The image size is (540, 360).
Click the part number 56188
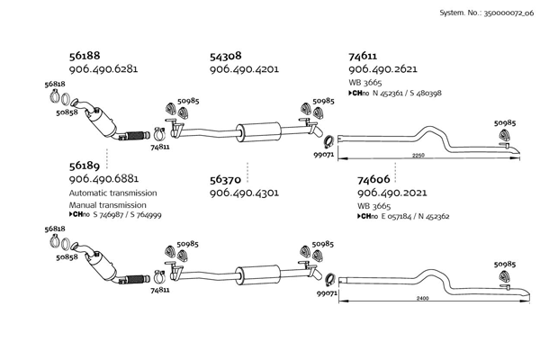point(85,56)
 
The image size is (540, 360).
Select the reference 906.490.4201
point(244,69)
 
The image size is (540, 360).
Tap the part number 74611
point(363,56)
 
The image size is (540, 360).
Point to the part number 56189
point(85,166)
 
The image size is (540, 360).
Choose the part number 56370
point(225,179)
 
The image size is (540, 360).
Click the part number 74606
point(373,179)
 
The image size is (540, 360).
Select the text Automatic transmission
point(113,193)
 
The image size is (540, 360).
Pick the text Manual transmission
point(107,205)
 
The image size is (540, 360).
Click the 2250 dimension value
point(418,156)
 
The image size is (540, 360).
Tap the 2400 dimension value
point(423,298)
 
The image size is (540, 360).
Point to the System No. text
point(487,13)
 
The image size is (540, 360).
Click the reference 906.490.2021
point(391,193)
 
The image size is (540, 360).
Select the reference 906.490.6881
point(103,179)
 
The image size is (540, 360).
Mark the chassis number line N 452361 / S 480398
point(407,93)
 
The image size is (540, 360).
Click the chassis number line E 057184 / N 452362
point(415,217)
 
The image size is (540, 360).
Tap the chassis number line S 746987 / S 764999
point(127,215)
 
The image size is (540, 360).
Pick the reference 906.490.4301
point(244,193)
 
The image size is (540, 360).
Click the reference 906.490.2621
point(382,69)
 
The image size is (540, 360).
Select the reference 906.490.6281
point(103,69)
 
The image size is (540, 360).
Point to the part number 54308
point(226,56)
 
